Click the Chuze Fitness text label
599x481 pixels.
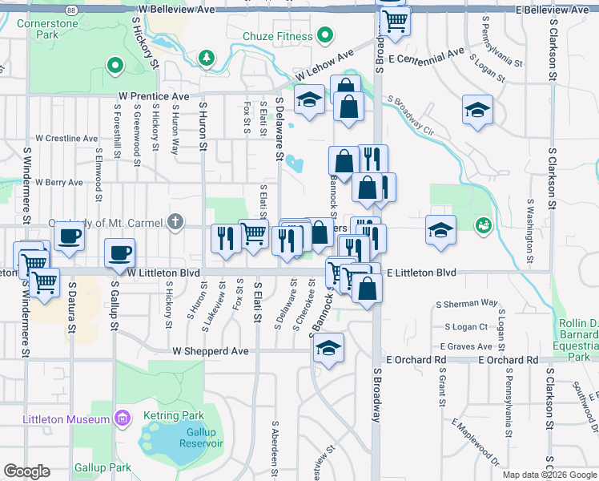(x=277, y=35)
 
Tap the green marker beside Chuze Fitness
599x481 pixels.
(x=324, y=35)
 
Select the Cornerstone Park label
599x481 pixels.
(x=48, y=30)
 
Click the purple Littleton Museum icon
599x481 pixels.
(x=121, y=419)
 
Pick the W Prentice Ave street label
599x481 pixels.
(x=151, y=96)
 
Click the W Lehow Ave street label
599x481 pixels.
(x=324, y=66)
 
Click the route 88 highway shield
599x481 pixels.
(x=72, y=10)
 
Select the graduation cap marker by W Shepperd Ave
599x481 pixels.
(x=328, y=349)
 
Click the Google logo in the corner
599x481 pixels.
(x=26, y=471)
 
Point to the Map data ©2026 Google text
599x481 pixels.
(x=549, y=475)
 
